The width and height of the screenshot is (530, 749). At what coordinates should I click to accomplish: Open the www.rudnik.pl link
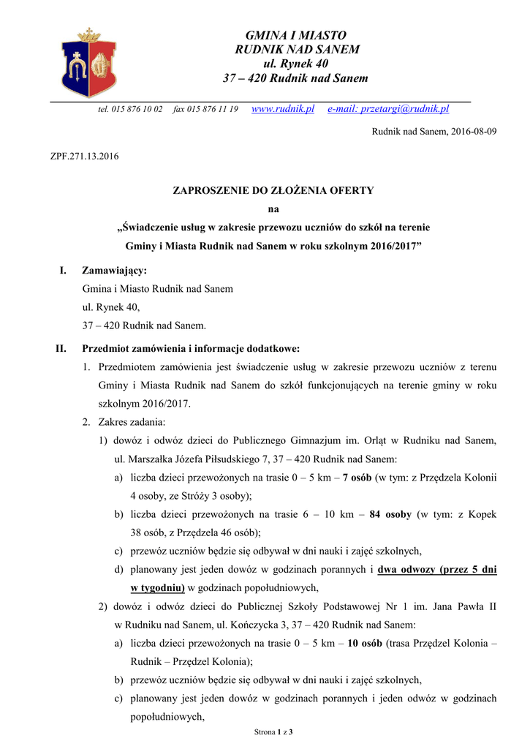282,109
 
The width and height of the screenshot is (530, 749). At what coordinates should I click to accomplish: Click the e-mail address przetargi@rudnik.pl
388,109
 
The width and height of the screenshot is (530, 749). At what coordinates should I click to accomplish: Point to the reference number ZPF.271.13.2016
83,156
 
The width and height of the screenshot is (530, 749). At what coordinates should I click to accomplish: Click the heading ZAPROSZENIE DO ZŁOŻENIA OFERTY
273,190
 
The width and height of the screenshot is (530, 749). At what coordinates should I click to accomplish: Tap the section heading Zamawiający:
114,271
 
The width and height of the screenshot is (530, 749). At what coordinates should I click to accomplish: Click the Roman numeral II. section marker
61,348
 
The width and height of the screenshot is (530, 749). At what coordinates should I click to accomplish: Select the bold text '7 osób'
356,478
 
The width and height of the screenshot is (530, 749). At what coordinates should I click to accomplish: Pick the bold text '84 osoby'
390,514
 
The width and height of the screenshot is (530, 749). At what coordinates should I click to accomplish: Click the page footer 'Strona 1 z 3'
273,731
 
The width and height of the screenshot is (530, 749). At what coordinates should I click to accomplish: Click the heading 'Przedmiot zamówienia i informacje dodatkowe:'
191,348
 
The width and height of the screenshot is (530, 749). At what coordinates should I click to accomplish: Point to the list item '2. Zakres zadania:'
124,422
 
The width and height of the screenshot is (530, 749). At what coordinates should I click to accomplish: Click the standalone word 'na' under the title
273,208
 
